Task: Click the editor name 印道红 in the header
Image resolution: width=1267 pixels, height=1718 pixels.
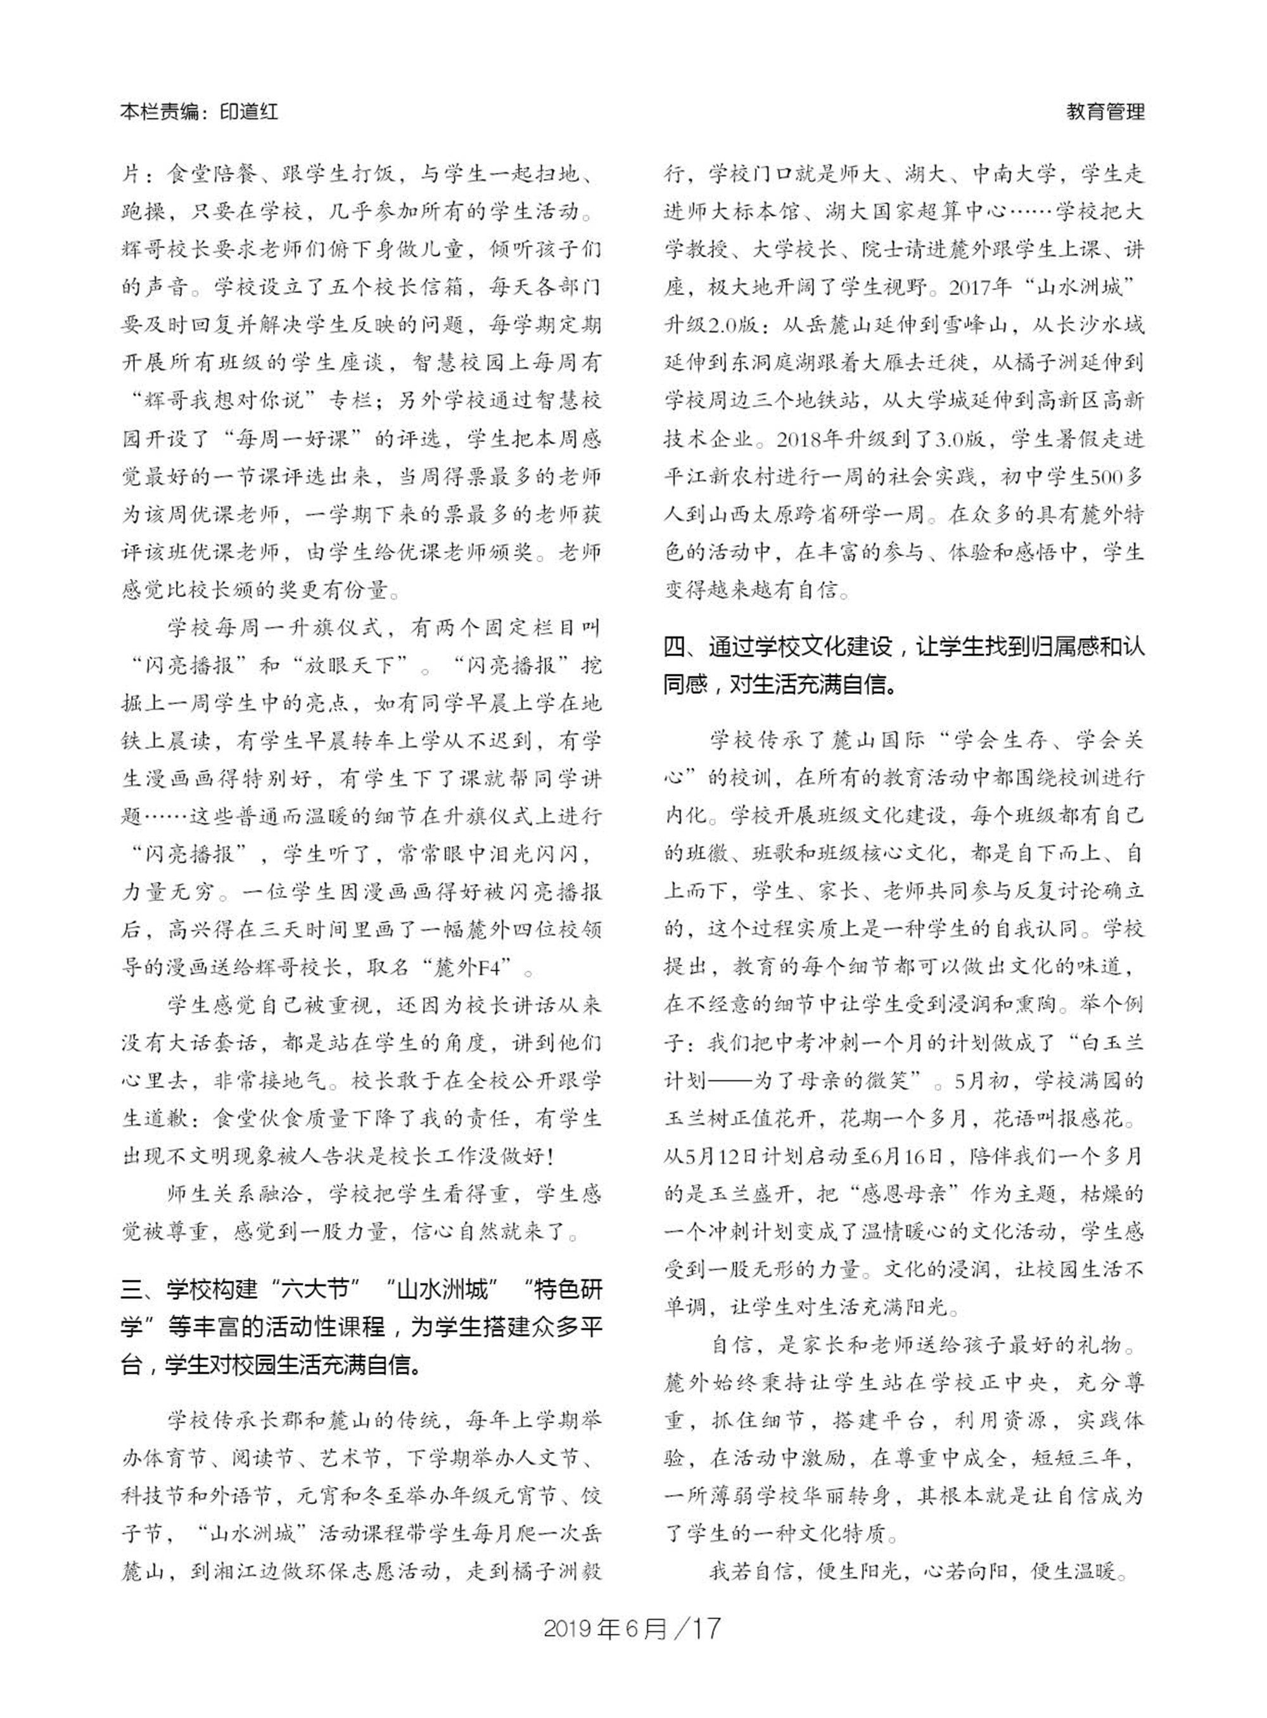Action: [248, 112]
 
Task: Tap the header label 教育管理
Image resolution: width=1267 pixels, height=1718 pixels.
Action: [1105, 112]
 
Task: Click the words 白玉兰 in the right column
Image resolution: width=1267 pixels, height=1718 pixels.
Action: [1111, 1042]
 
